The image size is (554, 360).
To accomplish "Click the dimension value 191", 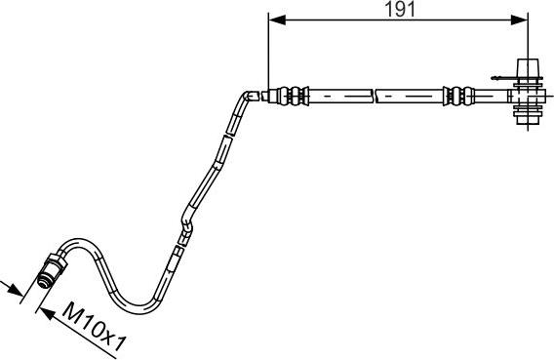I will point(394,10).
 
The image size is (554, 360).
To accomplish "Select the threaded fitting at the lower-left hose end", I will point(51,270).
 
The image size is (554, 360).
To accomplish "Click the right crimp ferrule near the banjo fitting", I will point(455,96).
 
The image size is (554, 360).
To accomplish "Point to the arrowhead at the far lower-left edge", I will point(13,287).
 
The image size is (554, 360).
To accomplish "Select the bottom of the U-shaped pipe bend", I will point(138,298).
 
